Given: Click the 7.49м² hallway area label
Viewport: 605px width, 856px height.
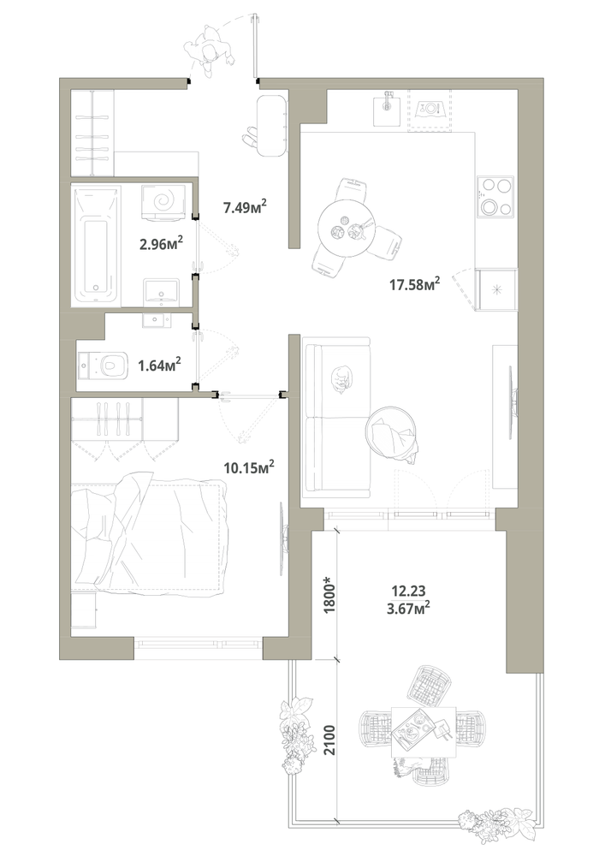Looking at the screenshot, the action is (245, 206).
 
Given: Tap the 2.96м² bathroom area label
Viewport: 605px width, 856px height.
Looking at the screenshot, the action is (160, 243).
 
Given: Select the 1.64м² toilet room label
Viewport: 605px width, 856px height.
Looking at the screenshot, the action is (159, 365).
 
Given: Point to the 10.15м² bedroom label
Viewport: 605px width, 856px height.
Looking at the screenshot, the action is (249, 467).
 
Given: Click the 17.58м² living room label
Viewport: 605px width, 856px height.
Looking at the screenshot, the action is (415, 284).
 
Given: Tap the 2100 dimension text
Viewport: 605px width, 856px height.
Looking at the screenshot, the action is (329, 740).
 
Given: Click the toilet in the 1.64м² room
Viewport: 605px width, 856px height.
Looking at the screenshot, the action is (104, 366).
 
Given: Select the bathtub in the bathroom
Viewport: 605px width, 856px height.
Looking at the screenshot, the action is (97, 246).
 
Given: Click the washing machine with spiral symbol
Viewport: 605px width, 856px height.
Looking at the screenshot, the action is (163, 201).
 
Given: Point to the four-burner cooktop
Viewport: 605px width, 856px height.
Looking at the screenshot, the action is (495, 197).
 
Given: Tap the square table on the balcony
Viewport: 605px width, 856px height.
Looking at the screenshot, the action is (424, 731).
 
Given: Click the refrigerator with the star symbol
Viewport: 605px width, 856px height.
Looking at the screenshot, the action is (495, 289).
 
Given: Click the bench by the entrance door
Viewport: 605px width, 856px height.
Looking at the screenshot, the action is (270, 126).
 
